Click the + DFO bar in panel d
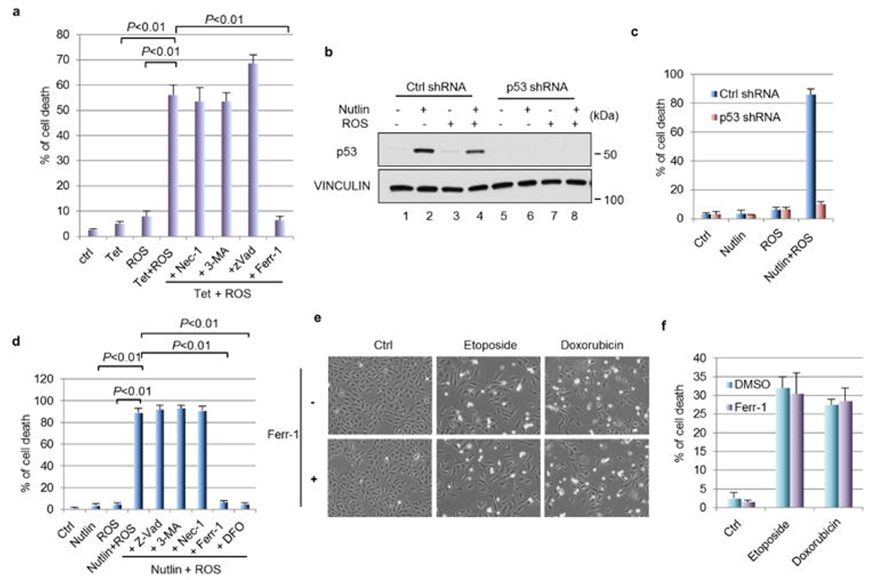244,506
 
